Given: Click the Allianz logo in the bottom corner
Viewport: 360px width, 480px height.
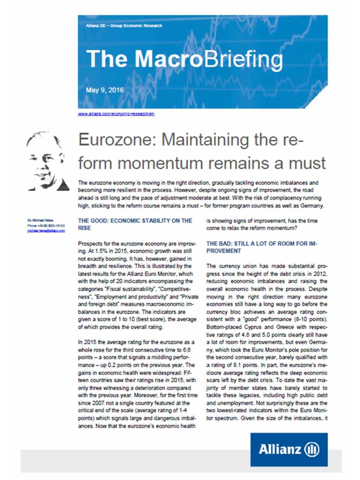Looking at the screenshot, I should tap(289, 449).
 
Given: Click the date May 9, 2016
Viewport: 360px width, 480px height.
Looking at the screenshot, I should tap(105, 90).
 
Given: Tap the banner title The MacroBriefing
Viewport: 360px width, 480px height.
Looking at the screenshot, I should tap(184, 59).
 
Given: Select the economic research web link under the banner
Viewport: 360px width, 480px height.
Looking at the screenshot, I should tap(116, 114).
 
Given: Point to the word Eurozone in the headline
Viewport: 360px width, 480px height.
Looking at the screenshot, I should tap(117, 140).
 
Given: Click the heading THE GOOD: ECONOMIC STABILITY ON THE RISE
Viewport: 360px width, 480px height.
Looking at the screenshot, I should tap(135, 224).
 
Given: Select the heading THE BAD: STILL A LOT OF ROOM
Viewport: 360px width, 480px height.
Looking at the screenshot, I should tap(262, 247).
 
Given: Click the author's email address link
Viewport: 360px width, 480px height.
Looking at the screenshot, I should tap(46, 231).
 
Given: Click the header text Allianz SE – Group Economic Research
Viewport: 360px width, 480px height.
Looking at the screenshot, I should tap(124, 25).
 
